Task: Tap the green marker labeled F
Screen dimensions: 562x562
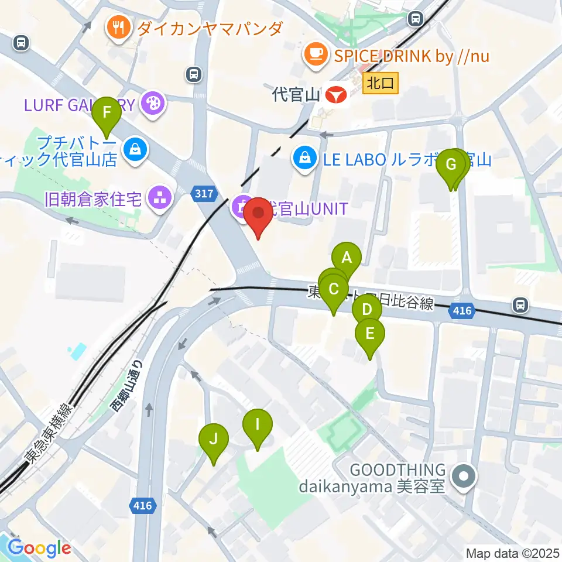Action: (x=107, y=113)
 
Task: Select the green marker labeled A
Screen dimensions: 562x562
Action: (x=347, y=258)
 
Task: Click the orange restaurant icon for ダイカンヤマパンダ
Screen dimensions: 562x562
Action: (x=118, y=28)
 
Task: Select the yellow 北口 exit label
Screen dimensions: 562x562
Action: (x=381, y=83)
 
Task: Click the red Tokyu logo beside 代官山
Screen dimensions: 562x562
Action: (x=336, y=94)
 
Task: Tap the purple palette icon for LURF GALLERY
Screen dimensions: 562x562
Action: (x=154, y=105)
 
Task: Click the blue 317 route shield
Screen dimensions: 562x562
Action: (x=205, y=193)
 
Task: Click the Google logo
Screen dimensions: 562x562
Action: (x=39, y=548)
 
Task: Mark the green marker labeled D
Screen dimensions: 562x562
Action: (x=366, y=310)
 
